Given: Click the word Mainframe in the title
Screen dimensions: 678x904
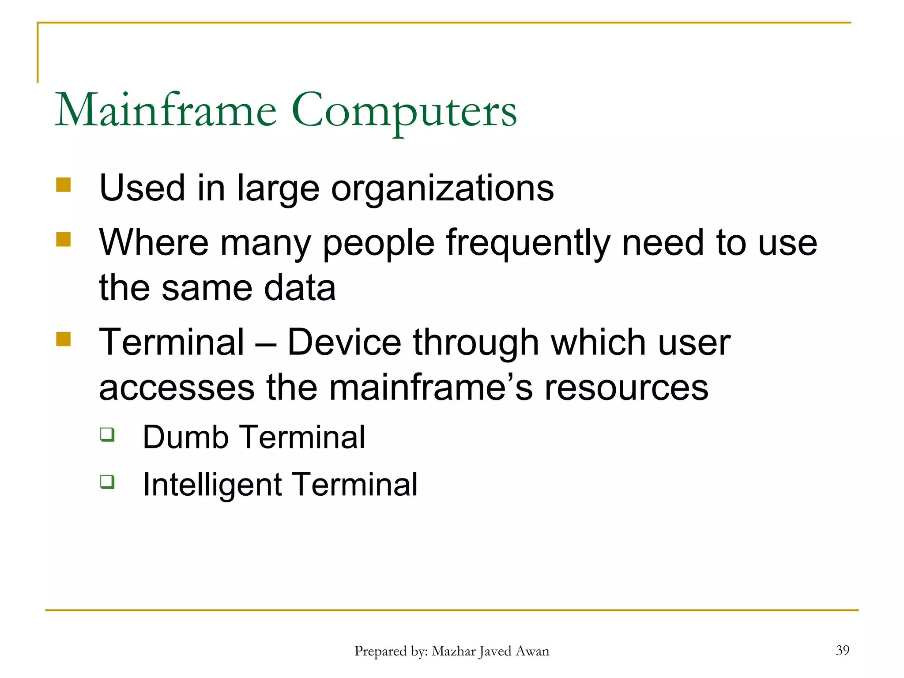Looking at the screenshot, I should (166, 110).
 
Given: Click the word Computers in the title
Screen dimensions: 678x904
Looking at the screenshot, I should (403, 111).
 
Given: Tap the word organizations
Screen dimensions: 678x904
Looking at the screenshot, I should (442, 189).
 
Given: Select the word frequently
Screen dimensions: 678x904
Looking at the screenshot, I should (528, 244).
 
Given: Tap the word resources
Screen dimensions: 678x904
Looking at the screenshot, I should (626, 388).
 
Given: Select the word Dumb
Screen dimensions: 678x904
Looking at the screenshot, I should (185, 437).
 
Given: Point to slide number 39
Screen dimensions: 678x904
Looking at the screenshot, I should (842, 650).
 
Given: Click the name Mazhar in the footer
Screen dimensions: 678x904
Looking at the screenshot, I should (453, 652).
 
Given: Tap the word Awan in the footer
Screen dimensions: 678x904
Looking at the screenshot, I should (533, 652).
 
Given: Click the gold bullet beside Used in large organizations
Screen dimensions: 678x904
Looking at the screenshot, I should (64, 185).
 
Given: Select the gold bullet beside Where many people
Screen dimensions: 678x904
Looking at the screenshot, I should (64, 240).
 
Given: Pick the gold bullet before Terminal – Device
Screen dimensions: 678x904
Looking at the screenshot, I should (64, 339).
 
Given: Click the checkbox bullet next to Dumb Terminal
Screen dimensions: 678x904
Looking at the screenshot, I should (107, 435).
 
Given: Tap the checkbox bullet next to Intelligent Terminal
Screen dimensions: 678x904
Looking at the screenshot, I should (107, 482).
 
